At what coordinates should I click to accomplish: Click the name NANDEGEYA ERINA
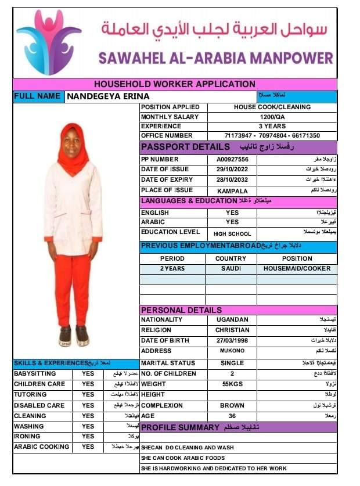pos(108,96)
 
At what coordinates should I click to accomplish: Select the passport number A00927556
pos(232,159)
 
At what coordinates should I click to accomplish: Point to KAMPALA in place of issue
pos(232,191)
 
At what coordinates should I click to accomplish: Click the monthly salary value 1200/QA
pos(272,117)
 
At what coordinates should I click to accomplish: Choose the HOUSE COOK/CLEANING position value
pos(272,107)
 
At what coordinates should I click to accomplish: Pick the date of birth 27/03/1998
pos(232,340)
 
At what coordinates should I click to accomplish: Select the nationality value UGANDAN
pos(232,319)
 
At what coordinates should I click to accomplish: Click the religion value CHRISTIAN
pos(232,330)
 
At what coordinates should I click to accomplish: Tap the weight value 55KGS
pos(232,384)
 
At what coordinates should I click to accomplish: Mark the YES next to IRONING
pos(88,436)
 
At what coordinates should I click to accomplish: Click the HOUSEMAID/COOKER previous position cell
pos(297,269)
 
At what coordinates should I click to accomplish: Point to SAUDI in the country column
pos(231,269)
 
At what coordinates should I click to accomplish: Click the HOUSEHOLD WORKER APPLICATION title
pos(174,84)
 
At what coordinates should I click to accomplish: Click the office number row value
pos(272,136)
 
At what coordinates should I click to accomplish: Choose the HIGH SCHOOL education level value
pos(232,233)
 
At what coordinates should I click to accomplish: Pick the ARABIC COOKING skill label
pos(42,447)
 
